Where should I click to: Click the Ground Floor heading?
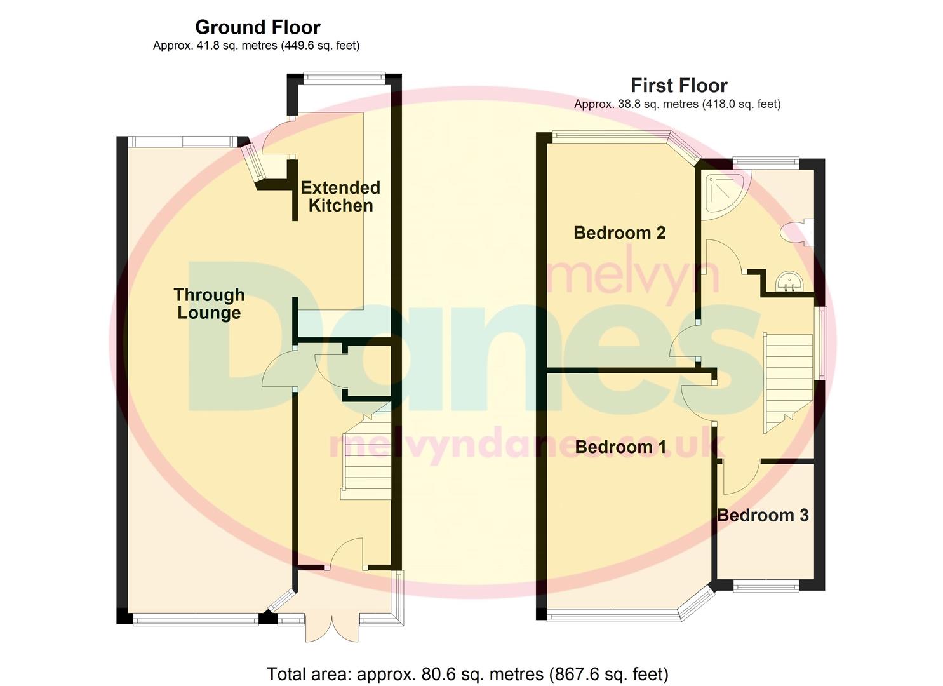coord(257,27)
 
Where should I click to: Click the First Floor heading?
coord(679,86)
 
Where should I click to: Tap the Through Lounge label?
coord(209,304)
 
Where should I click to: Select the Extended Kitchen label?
coord(340,196)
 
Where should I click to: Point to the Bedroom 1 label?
coord(620,447)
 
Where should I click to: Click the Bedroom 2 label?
coord(619,233)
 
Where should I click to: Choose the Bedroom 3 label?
coord(763,515)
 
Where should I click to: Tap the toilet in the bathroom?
coord(796,232)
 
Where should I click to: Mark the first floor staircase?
coord(787,381)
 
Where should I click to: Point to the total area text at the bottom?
coord(467,674)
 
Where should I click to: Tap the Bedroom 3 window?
coord(766,586)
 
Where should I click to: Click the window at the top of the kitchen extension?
coord(344,78)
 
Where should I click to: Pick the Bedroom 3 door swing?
coord(740,476)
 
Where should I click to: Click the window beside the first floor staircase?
coord(822,343)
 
